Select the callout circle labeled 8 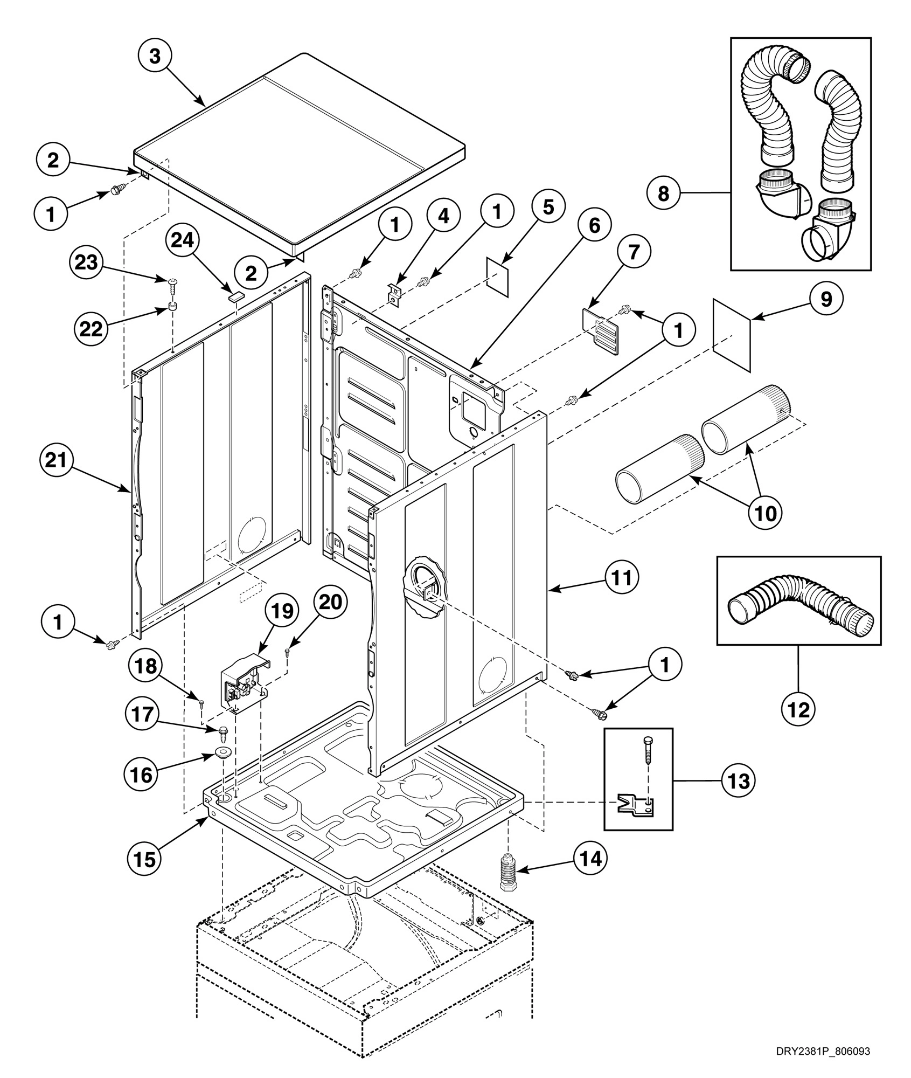(664, 193)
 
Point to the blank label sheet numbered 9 (731, 335)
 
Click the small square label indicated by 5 (498, 275)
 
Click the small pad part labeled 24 (235, 294)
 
